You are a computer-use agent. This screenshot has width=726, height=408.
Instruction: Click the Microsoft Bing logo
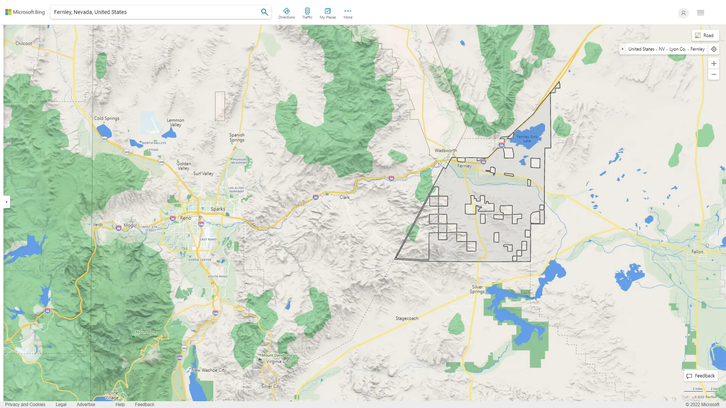[x=25, y=12]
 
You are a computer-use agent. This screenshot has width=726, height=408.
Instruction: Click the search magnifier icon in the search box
[x=264, y=12]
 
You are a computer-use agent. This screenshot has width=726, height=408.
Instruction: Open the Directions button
[x=287, y=13]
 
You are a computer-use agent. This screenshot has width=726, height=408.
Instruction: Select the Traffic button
[x=307, y=13]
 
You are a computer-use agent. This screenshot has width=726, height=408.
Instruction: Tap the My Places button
[x=327, y=13]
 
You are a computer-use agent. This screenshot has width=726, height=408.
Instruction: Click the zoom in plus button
[x=714, y=63]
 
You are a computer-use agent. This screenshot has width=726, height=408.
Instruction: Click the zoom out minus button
[x=714, y=74]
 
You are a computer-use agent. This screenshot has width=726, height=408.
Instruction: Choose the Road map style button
[x=705, y=36]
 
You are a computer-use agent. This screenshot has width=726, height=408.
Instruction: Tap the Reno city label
[x=186, y=218]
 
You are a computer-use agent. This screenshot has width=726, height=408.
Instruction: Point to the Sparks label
[x=218, y=209]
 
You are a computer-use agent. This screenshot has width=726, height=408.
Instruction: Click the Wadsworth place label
[x=445, y=150]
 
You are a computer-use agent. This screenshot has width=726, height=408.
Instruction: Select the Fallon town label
[x=697, y=252]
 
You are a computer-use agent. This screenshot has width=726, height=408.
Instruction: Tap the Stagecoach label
[x=407, y=318]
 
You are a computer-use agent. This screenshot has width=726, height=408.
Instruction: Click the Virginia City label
[x=278, y=362]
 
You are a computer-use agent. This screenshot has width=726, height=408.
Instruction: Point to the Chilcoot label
[x=23, y=43]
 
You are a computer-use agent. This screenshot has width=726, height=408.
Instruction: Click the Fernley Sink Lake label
[x=527, y=139]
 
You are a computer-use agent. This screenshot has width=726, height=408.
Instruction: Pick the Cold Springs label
[x=107, y=118]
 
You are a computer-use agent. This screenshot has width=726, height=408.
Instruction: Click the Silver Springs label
[x=477, y=289]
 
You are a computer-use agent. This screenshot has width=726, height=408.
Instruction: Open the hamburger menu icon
[x=701, y=13]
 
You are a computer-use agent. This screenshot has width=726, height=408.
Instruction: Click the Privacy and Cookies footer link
[x=25, y=404]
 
